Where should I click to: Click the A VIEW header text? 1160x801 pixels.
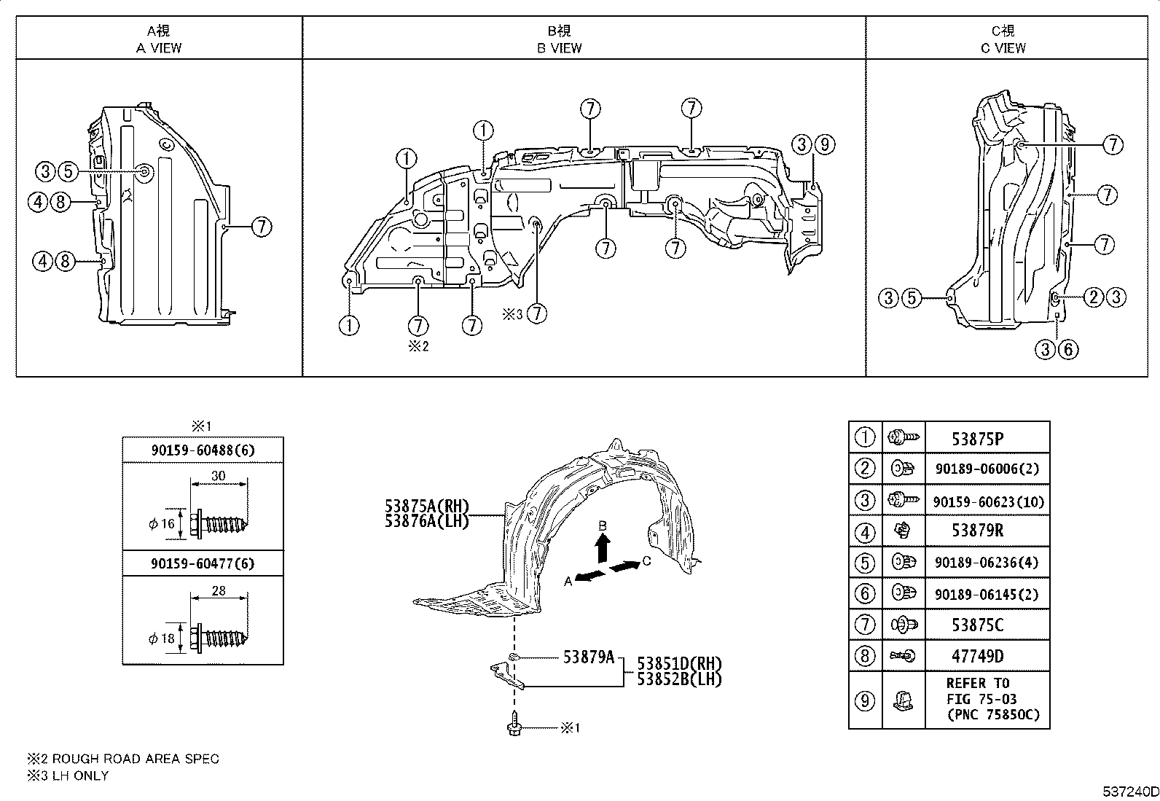[x=159, y=48]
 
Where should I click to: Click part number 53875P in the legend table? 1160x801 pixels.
[x=976, y=439]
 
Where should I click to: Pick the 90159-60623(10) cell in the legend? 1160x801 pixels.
[x=987, y=501]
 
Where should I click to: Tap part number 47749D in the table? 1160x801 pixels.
[x=976, y=656]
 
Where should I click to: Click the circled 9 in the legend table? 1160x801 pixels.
[x=864, y=700]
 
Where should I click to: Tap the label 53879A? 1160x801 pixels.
[x=589, y=657]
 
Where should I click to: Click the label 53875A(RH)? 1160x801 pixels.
[x=427, y=506]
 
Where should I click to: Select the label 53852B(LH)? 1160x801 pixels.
[x=678, y=679]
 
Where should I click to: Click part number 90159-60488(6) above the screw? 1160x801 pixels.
[x=203, y=450]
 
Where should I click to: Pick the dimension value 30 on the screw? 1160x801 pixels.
[x=218, y=476]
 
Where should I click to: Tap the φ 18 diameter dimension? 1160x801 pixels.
[x=162, y=638]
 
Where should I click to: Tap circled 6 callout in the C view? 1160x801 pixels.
[x=1067, y=350]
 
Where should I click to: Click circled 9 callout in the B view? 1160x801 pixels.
[x=823, y=144]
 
